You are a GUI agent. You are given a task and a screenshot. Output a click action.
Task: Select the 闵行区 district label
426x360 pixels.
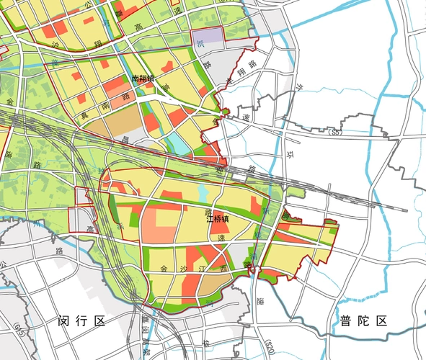coord(81,321)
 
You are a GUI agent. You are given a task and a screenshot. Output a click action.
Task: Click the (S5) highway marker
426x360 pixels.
coord(334,133)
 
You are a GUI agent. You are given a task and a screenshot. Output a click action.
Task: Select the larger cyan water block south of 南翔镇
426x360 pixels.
coord(178,143)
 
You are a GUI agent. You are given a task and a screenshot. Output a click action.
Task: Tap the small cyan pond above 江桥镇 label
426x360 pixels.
coord(203,194)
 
